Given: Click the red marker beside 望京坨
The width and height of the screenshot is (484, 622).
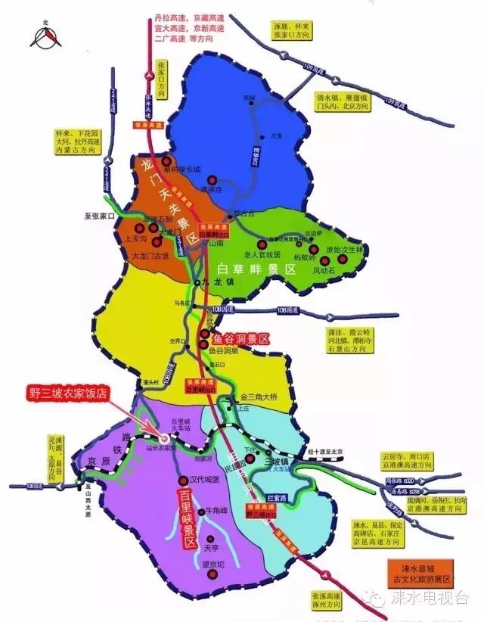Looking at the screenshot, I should click(x=213, y=574).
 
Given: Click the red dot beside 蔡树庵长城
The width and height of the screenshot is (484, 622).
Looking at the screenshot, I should click(x=166, y=161).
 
